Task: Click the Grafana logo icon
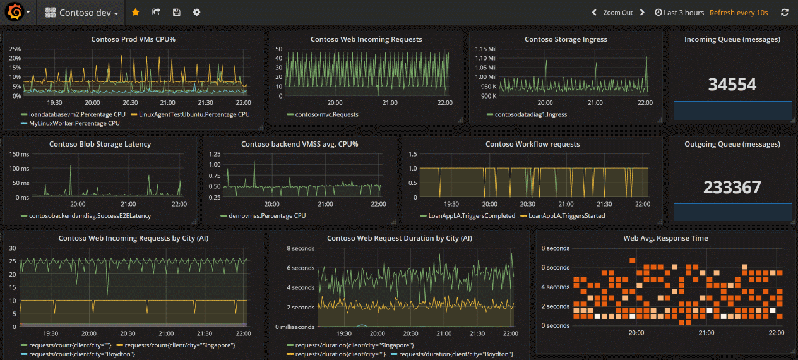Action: (x=14, y=12)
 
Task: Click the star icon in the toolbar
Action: (x=136, y=12)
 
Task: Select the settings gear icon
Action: (x=196, y=12)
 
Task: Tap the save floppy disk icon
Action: (x=176, y=12)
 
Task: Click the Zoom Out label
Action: (x=617, y=13)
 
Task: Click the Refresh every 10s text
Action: (x=739, y=13)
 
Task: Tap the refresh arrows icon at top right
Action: (x=785, y=13)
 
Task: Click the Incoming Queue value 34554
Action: (x=732, y=85)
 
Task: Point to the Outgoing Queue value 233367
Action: (x=732, y=188)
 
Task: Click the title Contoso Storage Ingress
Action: (x=566, y=39)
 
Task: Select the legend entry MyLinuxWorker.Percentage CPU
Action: (x=74, y=123)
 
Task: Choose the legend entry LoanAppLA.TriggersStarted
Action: (x=566, y=215)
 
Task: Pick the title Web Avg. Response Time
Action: (x=665, y=238)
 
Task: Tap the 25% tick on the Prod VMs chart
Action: (x=15, y=49)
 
